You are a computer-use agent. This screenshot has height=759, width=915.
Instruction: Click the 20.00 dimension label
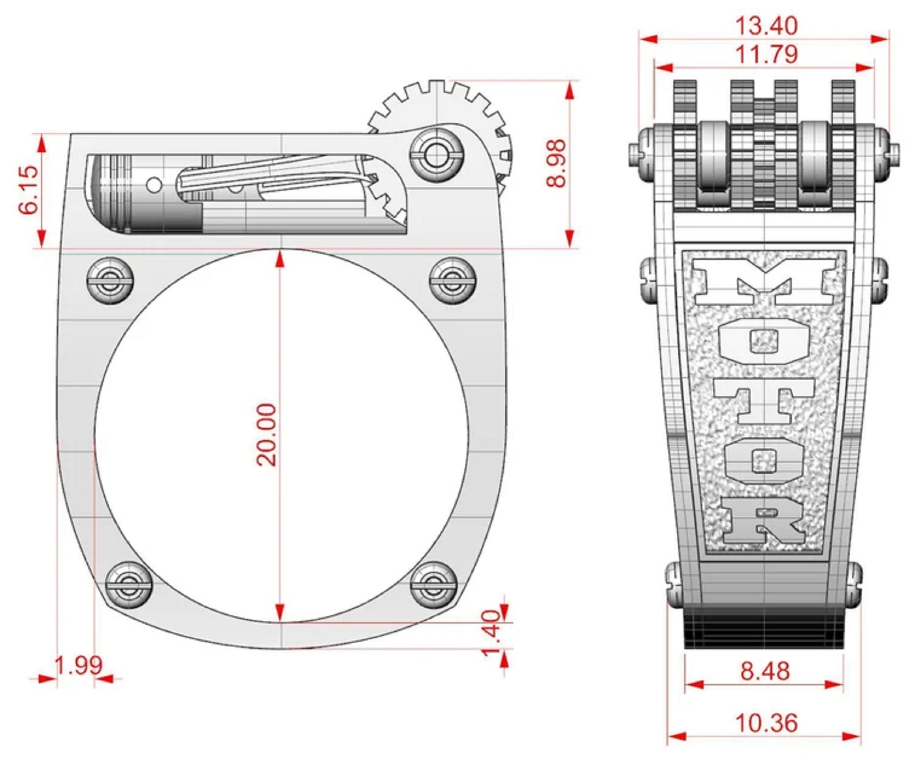click(267, 435)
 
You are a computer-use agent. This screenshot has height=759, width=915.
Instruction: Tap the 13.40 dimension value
click(766, 26)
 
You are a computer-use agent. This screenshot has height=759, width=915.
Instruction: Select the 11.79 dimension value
click(766, 54)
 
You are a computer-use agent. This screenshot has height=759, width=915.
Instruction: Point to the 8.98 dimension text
click(556, 163)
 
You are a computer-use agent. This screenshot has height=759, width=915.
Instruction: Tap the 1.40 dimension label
click(492, 633)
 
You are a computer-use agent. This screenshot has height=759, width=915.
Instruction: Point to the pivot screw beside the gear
click(436, 154)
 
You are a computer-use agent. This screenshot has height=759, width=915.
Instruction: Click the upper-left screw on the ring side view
click(110, 280)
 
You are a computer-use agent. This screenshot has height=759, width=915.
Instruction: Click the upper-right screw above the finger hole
click(453, 280)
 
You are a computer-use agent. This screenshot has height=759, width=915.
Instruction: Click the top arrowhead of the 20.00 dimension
click(280, 259)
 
